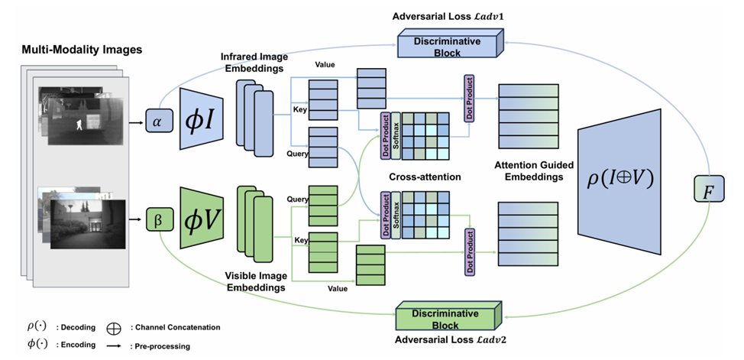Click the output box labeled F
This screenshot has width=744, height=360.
pos(707,190)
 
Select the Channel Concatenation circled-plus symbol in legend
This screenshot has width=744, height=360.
pos(114,328)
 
